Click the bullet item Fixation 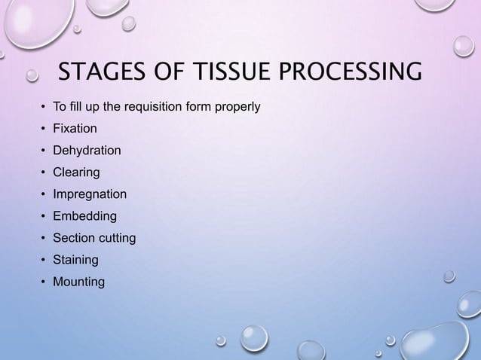(74, 129)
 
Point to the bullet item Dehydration (86, 151)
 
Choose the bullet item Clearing (75, 172)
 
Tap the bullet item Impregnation (89, 194)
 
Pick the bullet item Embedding (84, 216)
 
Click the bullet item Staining (75, 260)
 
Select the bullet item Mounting (78, 282)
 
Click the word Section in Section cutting (72, 238)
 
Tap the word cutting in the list (115, 238)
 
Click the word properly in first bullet (237, 107)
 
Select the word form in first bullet (198, 107)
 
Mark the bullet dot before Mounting (44, 282)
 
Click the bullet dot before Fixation (44, 130)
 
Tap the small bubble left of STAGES (32, 74)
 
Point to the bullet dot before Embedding (44, 217)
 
